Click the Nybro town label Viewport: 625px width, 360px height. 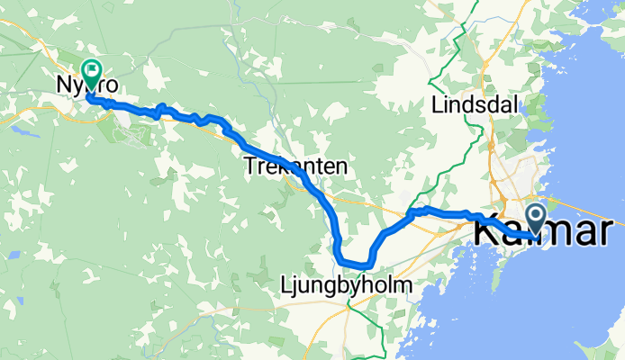pos(87,84)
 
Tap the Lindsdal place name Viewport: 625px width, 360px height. pos(474,103)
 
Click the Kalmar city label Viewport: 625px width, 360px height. pos(548,232)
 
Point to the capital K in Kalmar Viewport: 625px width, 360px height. pos(485,232)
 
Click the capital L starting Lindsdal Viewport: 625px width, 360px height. pos(437,103)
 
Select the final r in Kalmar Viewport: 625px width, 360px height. pos(615,232)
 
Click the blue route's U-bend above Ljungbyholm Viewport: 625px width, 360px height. pos(353,264)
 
